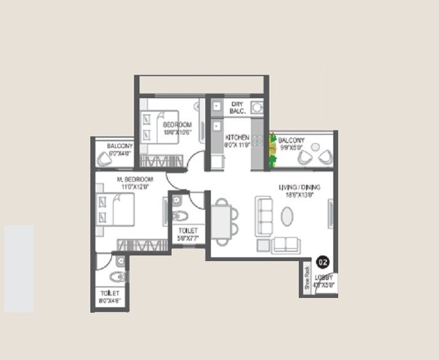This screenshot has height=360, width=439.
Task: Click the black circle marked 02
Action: [x=322, y=262]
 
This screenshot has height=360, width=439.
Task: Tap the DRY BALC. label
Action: [x=238, y=108]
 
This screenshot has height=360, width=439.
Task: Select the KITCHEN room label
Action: [x=237, y=137]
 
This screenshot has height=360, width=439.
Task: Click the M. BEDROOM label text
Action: [x=135, y=179]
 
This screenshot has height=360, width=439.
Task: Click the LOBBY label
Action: [x=324, y=277]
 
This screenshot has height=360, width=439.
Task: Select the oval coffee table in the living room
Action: [x=288, y=216]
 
